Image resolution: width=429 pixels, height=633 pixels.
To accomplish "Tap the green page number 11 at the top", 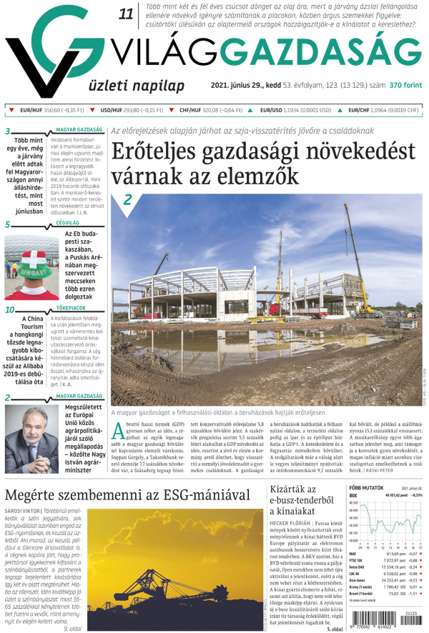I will (127, 14).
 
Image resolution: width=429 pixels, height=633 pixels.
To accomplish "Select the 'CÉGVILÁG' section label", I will (69, 224).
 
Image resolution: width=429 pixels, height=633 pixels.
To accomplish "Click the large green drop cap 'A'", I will (121, 430).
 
